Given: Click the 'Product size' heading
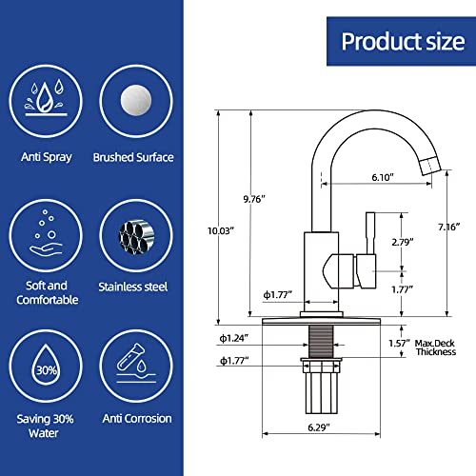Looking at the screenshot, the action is pyautogui.click(x=403, y=42).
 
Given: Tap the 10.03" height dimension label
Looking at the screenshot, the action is pyautogui.click(x=221, y=230).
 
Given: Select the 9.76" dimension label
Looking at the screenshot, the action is pyautogui.click(x=254, y=199).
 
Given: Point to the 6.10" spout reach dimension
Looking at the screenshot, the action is pyautogui.click(x=383, y=177).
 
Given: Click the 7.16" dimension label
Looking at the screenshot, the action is pyautogui.click(x=449, y=227).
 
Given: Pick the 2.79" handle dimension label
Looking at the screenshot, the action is pyautogui.click(x=403, y=242).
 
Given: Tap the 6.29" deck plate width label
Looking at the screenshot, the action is pyautogui.click(x=319, y=427).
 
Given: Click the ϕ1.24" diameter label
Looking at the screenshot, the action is pyautogui.click(x=234, y=338).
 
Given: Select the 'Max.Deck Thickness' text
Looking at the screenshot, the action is pyautogui.click(x=435, y=347).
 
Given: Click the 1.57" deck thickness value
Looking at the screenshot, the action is pyautogui.click(x=400, y=344).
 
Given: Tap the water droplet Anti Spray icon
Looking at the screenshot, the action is pyautogui.click(x=46, y=98).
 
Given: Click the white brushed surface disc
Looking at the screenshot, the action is pyautogui.click(x=136, y=100).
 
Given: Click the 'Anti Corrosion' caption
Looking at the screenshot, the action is pyautogui.click(x=137, y=419).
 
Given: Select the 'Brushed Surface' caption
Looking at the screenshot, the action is pyautogui.click(x=133, y=157).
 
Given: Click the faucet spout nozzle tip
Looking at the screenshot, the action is pyautogui.click(x=431, y=166).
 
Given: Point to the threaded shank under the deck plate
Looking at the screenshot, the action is pyautogui.click(x=321, y=342).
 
